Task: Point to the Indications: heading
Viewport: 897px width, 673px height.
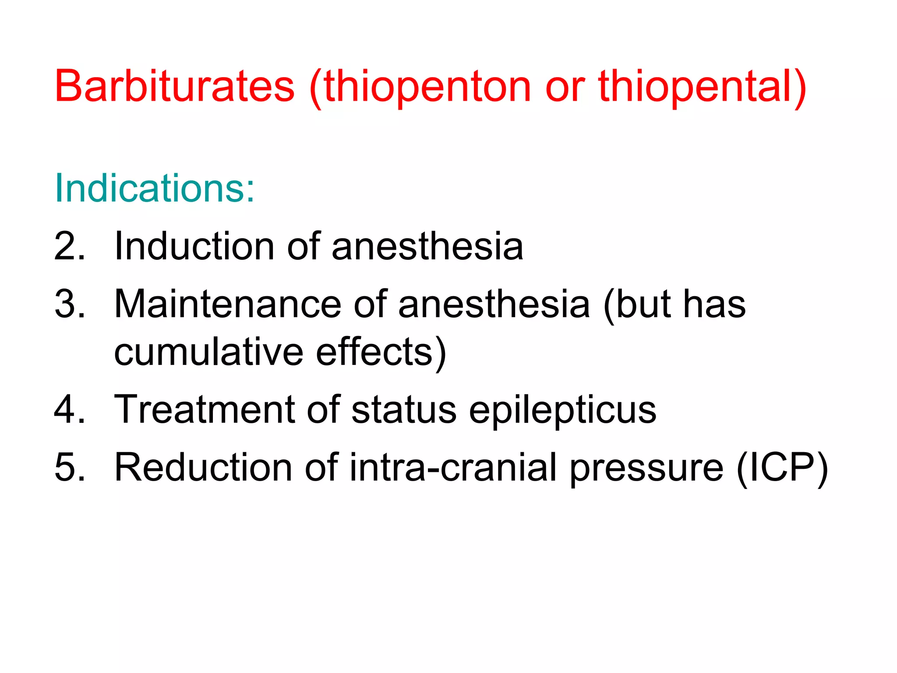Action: (x=154, y=188)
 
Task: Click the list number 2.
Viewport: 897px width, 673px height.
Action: (x=69, y=246)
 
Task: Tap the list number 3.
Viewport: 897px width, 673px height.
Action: (x=69, y=304)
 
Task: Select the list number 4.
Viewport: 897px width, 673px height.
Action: (x=69, y=409)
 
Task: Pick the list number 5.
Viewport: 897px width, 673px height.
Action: (x=69, y=468)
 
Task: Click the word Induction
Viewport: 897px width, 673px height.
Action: (x=194, y=246)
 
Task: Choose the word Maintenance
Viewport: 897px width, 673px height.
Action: (x=227, y=304)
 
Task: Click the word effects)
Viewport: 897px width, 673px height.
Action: (x=381, y=353)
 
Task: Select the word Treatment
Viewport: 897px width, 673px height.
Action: (x=204, y=409)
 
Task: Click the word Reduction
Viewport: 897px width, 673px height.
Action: (x=203, y=468)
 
